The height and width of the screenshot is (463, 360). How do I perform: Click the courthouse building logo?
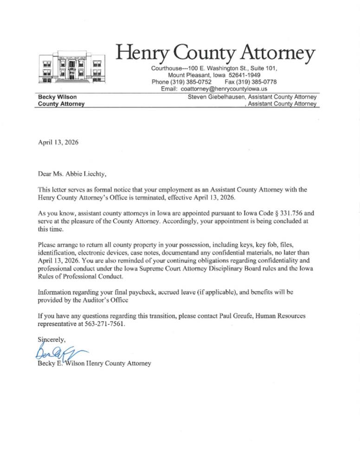pos(71,68)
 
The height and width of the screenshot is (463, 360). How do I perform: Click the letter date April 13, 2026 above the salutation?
pos(58,143)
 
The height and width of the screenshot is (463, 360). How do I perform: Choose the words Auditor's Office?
pos(119,300)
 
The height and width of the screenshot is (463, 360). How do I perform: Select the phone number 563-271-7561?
pos(102,324)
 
